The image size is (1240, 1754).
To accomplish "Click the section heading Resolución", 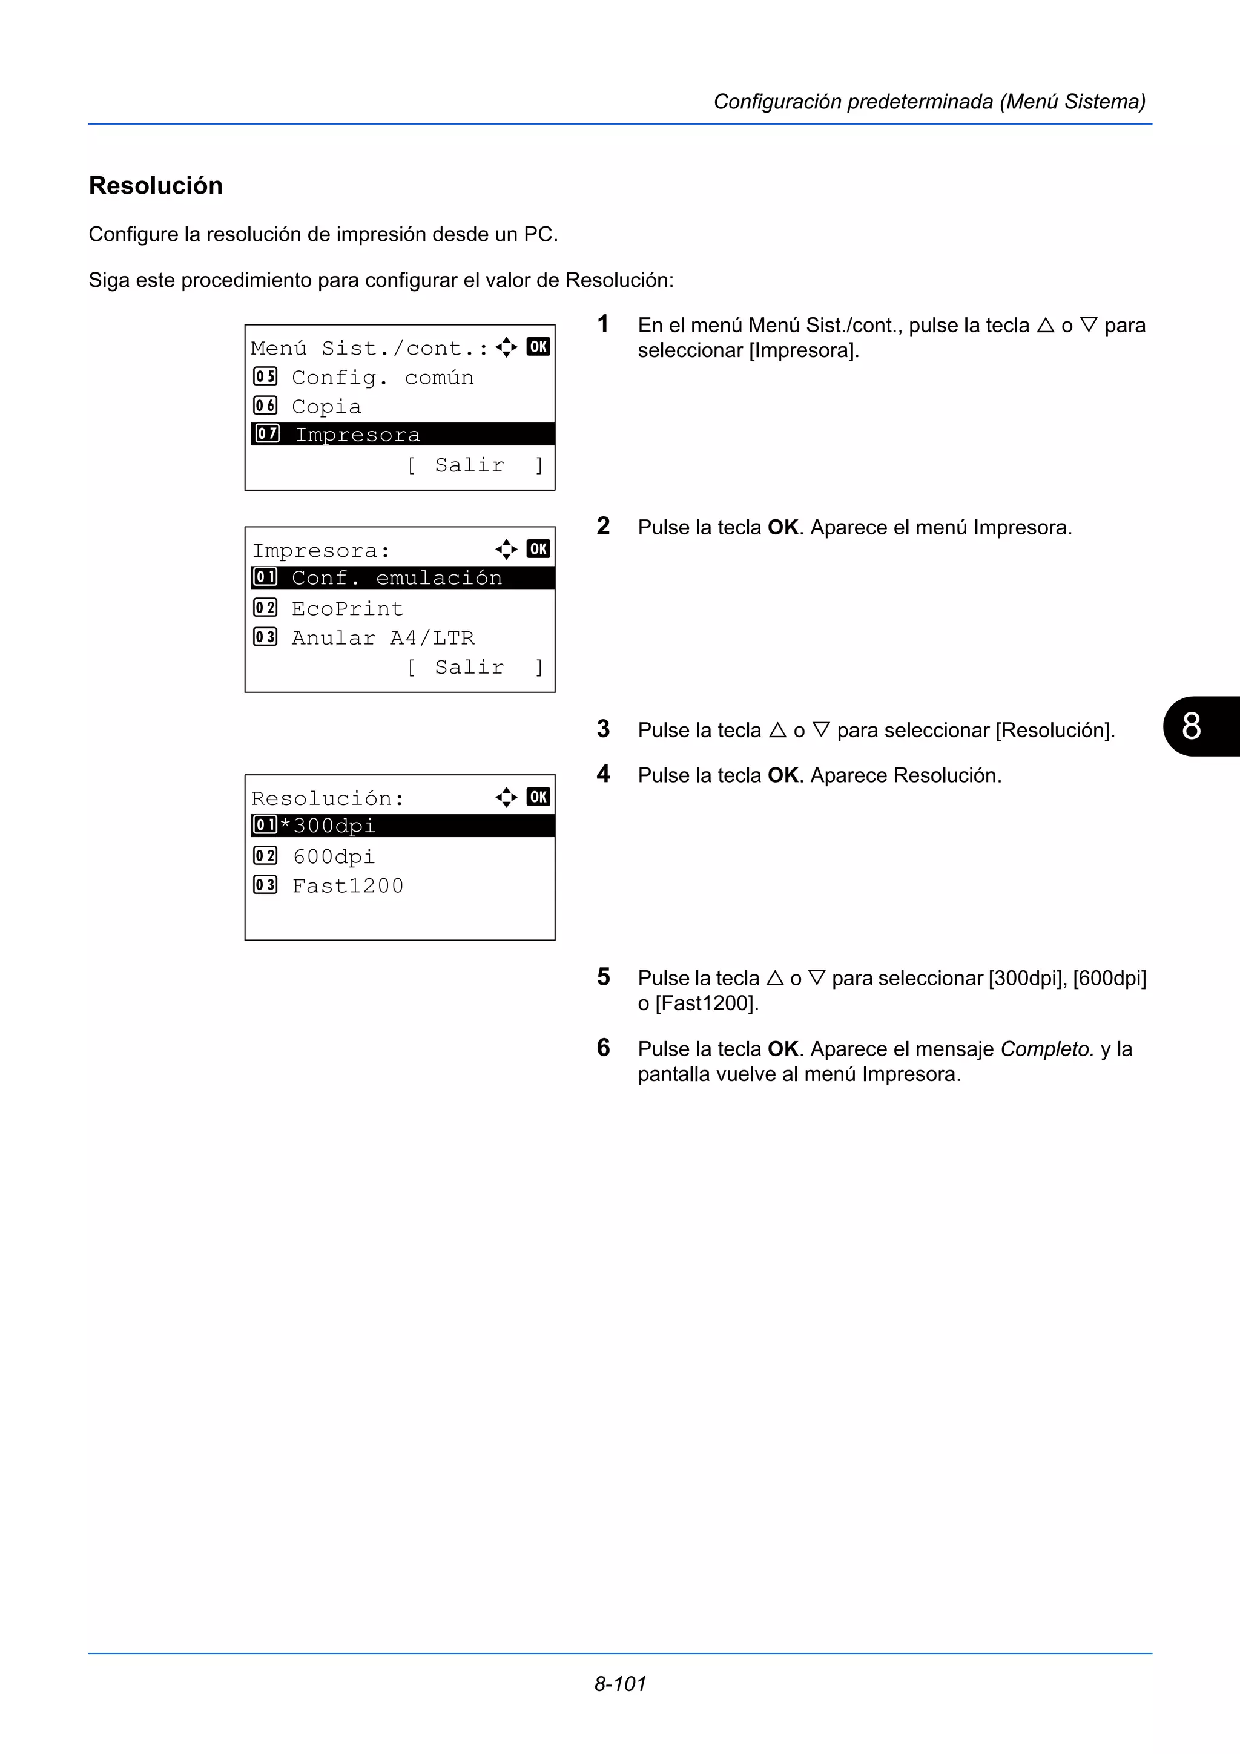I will [156, 186].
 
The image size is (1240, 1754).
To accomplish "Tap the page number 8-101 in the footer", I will [619, 1684].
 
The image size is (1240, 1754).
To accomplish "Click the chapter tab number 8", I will [1191, 726].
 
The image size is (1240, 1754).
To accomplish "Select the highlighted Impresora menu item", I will [358, 435].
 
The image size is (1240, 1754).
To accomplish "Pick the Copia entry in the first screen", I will [326, 406].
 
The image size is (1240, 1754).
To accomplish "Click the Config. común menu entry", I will [382, 378].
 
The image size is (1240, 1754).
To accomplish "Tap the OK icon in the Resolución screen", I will [538, 797].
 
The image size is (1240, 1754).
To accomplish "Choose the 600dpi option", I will [334, 856].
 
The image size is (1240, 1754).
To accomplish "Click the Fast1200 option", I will [348, 885].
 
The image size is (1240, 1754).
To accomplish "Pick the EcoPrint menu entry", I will [347, 609].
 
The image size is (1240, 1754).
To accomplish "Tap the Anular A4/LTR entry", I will [383, 638].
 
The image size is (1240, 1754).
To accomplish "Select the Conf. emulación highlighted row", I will [397, 578].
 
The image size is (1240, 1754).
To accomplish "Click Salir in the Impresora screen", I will [469, 667].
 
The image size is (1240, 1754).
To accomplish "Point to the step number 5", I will [604, 977].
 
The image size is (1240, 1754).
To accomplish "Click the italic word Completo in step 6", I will [1046, 1049].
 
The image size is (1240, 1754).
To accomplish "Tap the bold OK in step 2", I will [782, 527].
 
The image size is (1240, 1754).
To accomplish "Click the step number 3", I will [604, 729].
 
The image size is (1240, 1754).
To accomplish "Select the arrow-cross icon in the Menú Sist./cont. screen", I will [506, 347].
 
